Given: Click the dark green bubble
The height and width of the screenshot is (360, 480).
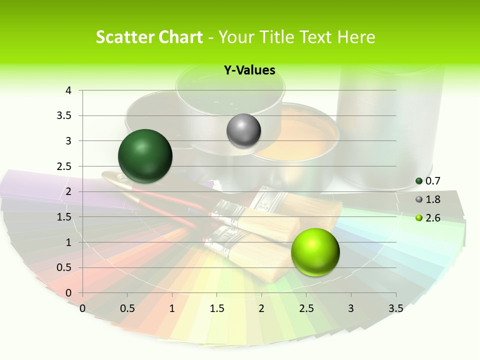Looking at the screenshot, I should pos(145,156).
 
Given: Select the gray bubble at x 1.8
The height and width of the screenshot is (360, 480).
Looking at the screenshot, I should pos(243,131).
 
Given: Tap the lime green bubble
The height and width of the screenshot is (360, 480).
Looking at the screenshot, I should pos(315,252).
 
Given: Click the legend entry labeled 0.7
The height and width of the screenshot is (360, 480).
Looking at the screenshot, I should pos(432,181).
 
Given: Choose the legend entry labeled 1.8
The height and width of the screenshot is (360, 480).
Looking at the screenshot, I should pos(432,199).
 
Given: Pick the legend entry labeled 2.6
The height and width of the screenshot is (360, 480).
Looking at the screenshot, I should pos(432,218).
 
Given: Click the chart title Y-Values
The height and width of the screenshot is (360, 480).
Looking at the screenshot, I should pos(249,70).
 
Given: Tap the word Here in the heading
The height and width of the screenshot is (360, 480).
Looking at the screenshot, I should pos(356,37).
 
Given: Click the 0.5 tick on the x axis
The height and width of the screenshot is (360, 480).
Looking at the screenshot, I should pos(127,308).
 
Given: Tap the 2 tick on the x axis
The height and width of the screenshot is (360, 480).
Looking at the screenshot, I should pos(261,308).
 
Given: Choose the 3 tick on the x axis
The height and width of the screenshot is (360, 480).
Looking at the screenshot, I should pos(351,308).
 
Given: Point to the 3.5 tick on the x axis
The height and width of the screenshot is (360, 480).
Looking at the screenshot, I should pos(395,308).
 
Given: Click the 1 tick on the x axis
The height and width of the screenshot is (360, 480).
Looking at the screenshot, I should pos(172,308).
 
